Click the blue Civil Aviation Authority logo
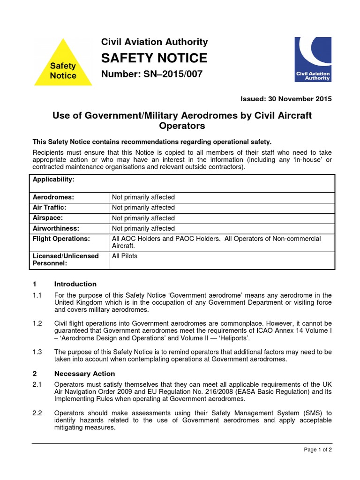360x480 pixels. point(313,59)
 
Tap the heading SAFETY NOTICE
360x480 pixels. point(154,58)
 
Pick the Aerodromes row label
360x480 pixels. point(54,197)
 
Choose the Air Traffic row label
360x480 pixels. point(50,208)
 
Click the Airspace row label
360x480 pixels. point(48,218)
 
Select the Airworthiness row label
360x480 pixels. point(56,228)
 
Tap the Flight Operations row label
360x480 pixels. point(61,239)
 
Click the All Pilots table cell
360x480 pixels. point(125,256)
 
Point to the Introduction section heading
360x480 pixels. point(75,284)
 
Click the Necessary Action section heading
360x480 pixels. point(84,374)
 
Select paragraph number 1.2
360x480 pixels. point(37,323)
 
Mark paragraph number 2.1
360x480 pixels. point(37,385)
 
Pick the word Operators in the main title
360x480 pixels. point(182,127)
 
